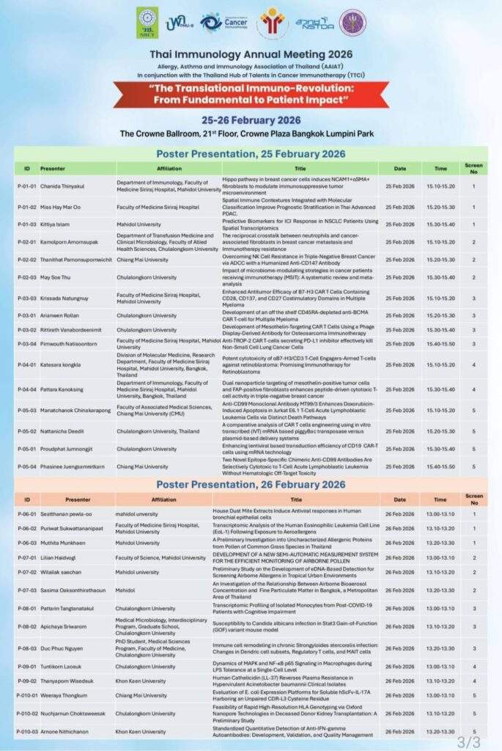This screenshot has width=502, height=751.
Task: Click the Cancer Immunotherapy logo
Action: tap(222, 23)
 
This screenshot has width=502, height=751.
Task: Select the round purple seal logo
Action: tap(352, 23)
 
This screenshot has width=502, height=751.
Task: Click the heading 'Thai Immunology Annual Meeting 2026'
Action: tap(251, 54)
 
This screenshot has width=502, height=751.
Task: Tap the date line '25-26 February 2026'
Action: tap(251, 121)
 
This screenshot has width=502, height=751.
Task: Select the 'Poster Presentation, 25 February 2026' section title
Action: tap(251, 153)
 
